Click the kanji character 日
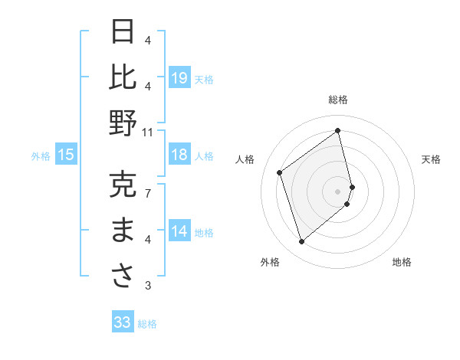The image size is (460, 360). click(x=123, y=32)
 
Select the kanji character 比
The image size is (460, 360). click(x=123, y=77)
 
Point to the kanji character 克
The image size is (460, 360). click(x=123, y=185)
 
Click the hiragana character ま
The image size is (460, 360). click(x=123, y=231)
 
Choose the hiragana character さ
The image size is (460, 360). click(x=123, y=277)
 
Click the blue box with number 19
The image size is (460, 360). click(x=179, y=77)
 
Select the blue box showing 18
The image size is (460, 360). click(x=179, y=155)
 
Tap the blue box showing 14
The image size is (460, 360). click(x=179, y=231)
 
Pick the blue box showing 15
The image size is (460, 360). click(x=66, y=155)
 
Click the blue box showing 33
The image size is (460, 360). click(x=123, y=322)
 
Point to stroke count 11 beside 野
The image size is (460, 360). click(x=147, y=132)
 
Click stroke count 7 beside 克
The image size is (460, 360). click(x=147, y=193)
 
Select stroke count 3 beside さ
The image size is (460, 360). click(x=147, y=286)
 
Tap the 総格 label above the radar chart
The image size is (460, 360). click(x=338, y=100)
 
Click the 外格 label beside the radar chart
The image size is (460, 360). click(x=269, y=262)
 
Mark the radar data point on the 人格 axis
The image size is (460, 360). click(x=280, y=173)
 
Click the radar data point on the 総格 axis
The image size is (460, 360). click(x=338, y=131)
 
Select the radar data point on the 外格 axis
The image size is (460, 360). click(x=301, y=242)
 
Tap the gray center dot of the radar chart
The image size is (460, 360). click(x=338, y=190)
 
